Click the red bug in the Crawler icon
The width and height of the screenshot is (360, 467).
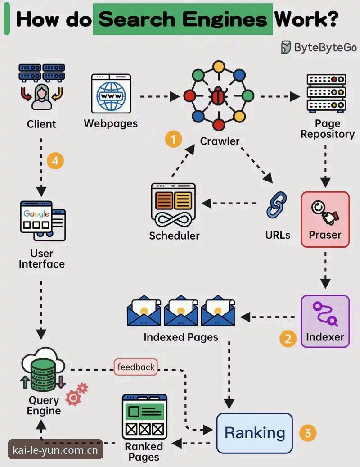coord(219,96)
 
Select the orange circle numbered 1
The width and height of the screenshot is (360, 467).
coord(174,139)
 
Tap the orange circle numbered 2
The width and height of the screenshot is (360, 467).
coord(288,338)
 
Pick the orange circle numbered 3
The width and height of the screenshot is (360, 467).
coord(308,433)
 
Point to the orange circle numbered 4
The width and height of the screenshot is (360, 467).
coord(56,161)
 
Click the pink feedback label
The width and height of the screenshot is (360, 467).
coord(135,367)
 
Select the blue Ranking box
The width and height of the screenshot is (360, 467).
coord(254,433)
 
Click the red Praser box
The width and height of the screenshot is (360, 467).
coord(325,219)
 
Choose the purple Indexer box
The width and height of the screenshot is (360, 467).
coord(325,322)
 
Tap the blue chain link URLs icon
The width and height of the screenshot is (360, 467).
coord(277,205)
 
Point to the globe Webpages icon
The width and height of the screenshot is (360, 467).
coord(111,94)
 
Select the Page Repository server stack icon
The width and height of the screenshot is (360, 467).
coord(326,93)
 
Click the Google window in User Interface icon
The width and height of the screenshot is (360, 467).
coord(36,217)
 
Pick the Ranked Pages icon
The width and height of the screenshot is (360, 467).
coord(144,417)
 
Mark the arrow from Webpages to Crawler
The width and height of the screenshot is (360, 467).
coord(160,96)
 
